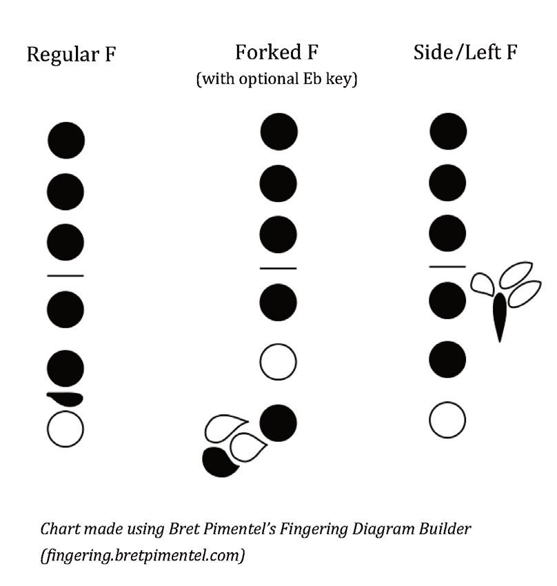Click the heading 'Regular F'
point(71,55)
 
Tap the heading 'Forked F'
point(277,52)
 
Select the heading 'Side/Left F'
point(465,52)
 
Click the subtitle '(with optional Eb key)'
point(276,79)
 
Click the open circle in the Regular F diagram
point(65,429)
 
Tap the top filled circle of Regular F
point(66,140)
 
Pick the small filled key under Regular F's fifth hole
point(65,398)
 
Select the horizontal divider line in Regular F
point(65,276)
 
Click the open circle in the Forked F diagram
point(278,362)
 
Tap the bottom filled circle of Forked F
point(278,422)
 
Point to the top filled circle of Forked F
point(279,132)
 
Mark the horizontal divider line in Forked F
point(278,268)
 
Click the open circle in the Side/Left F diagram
point(447,420)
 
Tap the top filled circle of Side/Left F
point(448,131)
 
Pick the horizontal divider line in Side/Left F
point(447,266)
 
